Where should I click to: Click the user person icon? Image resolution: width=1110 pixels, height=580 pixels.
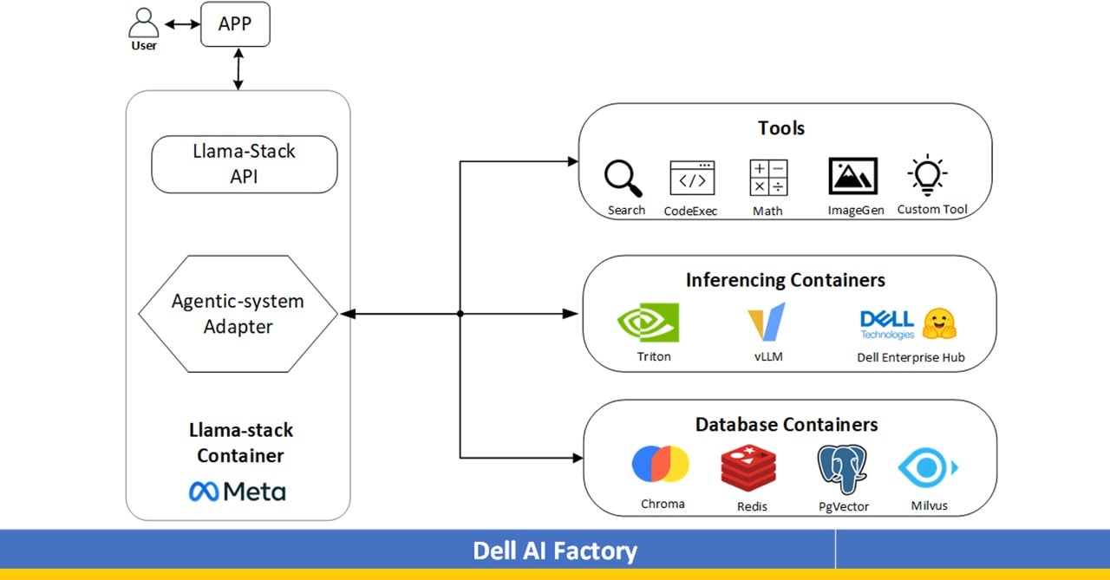click(143, 23)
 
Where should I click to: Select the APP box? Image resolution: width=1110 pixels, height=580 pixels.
click(235, 24)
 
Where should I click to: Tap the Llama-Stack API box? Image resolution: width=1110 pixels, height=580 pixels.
click(244, 164)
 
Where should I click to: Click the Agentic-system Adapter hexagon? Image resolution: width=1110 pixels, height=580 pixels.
click(238, 314)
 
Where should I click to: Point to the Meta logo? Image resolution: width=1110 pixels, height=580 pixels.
click(238, 492)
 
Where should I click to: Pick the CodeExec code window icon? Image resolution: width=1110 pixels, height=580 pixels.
click(692, 178)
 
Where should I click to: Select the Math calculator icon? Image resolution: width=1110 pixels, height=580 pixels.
click(768, 178)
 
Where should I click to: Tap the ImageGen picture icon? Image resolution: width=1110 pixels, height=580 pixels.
click(853, 176)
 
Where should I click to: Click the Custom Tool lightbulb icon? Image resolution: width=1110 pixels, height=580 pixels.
click(927, 175)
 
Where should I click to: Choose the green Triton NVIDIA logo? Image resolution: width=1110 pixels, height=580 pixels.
click(648, 323)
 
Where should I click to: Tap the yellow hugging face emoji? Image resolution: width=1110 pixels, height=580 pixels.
click(939, 323)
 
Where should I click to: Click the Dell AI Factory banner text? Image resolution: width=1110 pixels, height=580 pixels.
click(555, 551)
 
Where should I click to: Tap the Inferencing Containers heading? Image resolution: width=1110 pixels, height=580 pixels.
click(786, 280)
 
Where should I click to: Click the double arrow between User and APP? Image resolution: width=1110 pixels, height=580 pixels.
click(182, 25)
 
